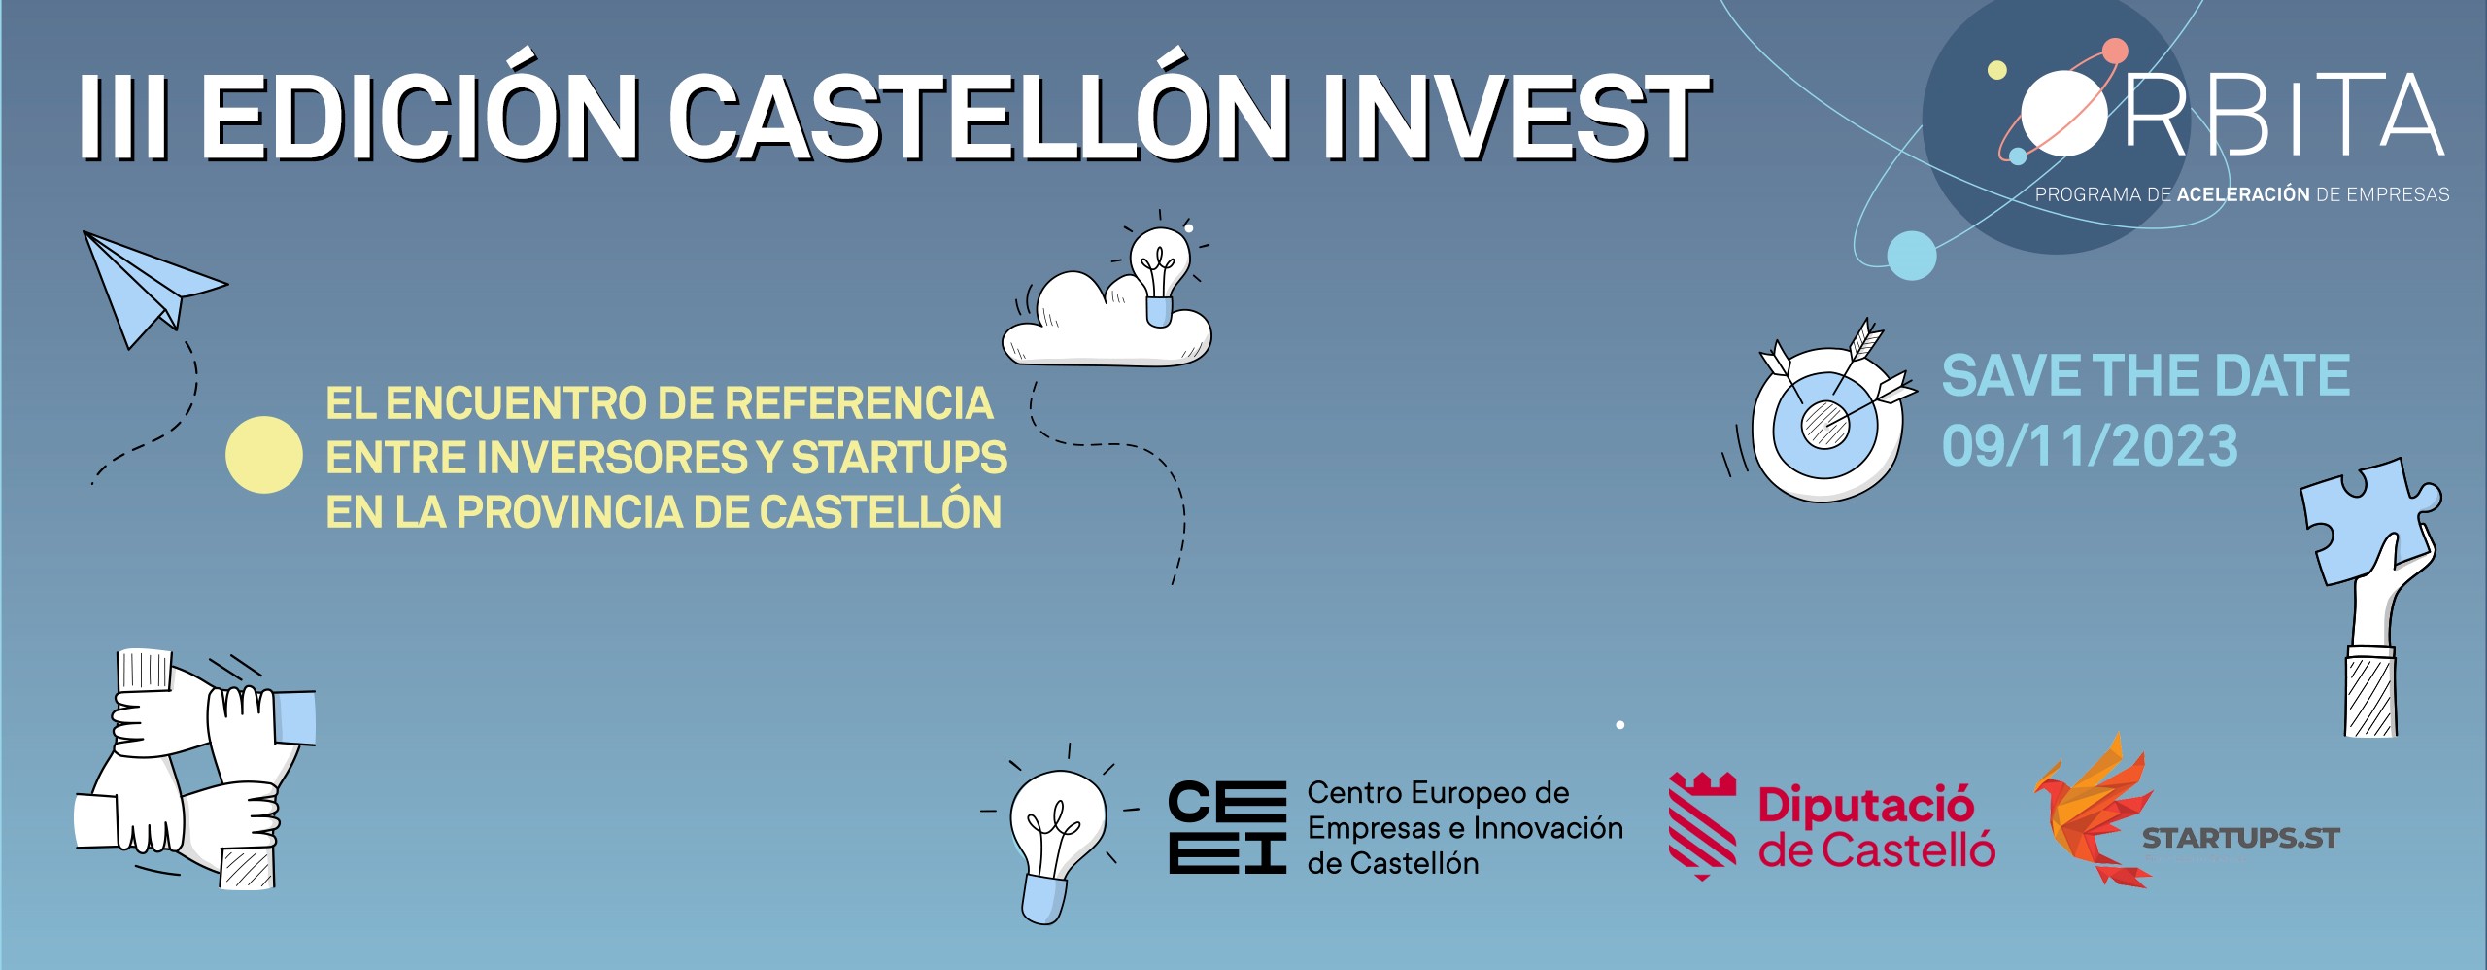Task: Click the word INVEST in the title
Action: point(1515,116)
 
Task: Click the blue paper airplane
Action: point(151,287)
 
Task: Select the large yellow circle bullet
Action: point(264,455)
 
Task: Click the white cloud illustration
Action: point(1107,321)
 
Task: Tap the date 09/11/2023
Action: point(2090,446)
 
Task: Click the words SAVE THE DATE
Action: point(2146,375)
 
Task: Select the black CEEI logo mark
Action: point(1227,827)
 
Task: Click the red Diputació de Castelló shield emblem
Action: point(1703,825)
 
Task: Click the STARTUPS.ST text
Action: point(2240,838)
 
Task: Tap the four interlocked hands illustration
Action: point(194,768)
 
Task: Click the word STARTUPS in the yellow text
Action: point(899,458)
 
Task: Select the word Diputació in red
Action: point(1865,806)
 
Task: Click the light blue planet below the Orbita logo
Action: point(1912,256)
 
